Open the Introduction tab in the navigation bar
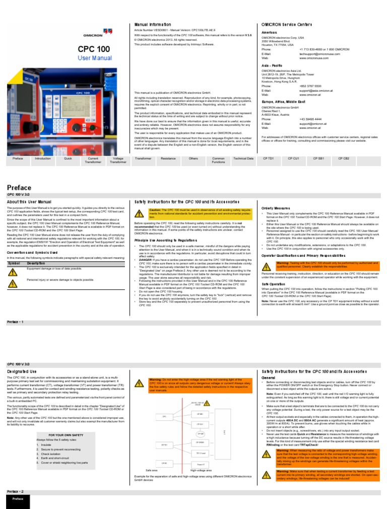click(42, 158)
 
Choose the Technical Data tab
click(243, 158)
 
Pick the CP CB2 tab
click(344, 158)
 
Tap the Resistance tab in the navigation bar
click(168, 158)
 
